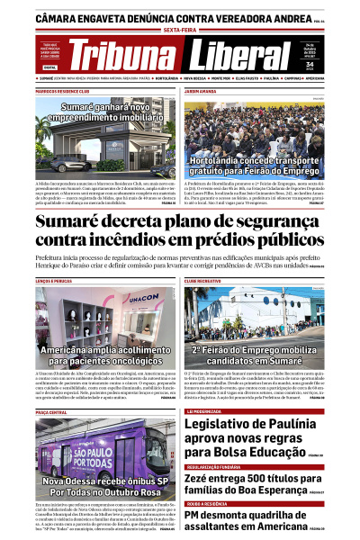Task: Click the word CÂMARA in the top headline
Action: pos(61,17)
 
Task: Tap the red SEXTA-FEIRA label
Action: pos(179,30)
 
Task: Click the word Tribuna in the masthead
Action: pos(121,56)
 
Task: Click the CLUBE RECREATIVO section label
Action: pos(204,281)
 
